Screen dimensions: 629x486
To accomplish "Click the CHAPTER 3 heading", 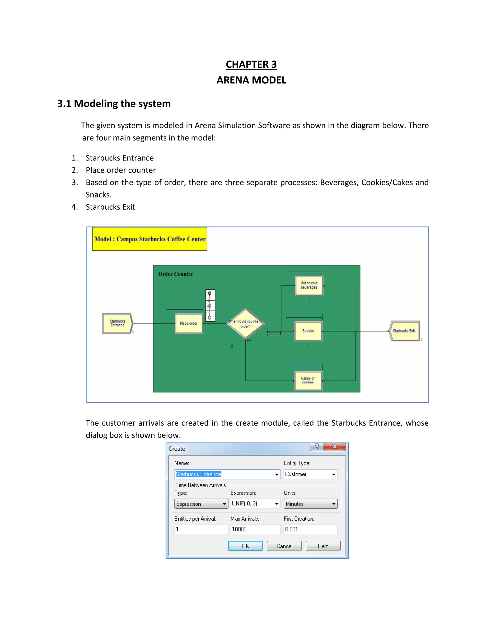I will (x=251, y=64).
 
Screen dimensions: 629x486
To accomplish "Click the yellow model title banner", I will (x=150, y=239).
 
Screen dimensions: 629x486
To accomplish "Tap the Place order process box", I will (x=189, y=324).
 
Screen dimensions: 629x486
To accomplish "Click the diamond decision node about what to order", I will (x=245, y=324).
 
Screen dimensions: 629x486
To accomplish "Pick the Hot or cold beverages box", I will (x=309, y=285).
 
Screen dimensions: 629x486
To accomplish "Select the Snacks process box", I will (x=308, y=331).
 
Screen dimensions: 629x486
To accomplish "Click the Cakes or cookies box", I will (x=308, y=380).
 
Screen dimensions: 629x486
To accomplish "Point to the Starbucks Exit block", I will (x=404, y=331).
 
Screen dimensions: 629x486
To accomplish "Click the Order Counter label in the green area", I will (x=176, y=274).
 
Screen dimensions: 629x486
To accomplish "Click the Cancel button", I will (x=284, y=546).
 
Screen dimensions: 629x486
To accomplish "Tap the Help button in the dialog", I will (x=323, y=546).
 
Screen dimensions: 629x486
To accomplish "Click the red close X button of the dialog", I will (x=334, y=447).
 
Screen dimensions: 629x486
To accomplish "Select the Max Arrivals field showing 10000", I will (x=255, y=529).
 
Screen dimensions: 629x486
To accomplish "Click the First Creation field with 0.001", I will (x=310, y=529).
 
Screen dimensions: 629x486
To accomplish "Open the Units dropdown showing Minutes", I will (x=310, y=504).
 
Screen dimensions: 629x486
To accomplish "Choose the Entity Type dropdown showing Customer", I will (x=310, y=474).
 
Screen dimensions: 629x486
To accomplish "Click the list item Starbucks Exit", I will (x=110, y=207).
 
